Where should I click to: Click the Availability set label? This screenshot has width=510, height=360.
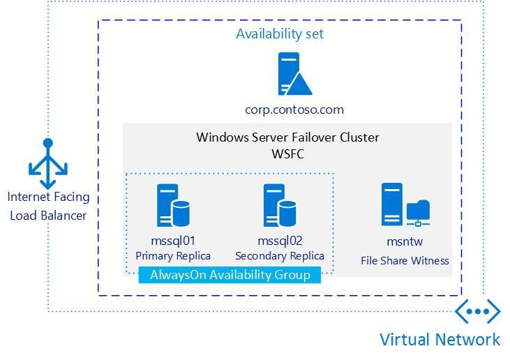279,33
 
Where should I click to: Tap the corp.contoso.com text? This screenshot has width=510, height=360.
294,110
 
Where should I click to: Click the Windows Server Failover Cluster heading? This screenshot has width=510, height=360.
287,137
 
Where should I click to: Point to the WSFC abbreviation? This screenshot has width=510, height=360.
287,153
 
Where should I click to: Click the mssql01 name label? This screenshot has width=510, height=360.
173,241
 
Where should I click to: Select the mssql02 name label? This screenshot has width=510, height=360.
280,241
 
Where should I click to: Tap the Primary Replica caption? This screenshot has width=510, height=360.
173,255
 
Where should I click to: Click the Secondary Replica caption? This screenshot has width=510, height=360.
280,255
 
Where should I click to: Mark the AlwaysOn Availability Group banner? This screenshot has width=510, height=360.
230,275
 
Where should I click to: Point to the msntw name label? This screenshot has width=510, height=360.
405,241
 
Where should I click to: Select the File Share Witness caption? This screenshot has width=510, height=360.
405,261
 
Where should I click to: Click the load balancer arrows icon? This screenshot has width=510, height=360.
47,164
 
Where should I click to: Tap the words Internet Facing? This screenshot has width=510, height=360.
48,197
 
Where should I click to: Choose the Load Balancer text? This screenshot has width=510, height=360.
48,215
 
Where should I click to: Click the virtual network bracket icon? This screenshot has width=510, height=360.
478,311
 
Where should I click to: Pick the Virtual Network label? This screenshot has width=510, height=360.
440,340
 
